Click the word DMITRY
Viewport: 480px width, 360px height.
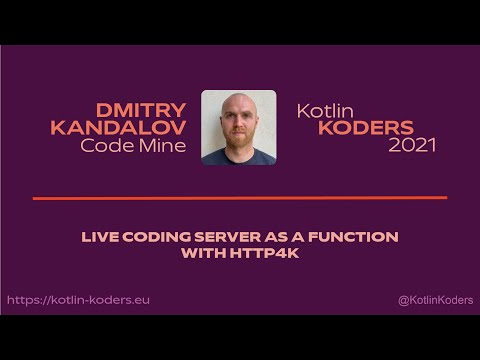(141, 109)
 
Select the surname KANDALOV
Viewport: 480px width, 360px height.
(118, 127)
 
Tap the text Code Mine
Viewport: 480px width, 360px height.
(133, 145)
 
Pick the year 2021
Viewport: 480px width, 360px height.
(412, 145)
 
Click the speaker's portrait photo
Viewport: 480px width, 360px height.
(238, 127)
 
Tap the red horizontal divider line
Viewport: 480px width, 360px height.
(240, 198)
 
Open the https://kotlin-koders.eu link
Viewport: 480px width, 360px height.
(78, 300)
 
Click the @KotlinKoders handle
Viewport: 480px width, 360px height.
(435, 300)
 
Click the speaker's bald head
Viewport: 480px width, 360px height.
(238, 104)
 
